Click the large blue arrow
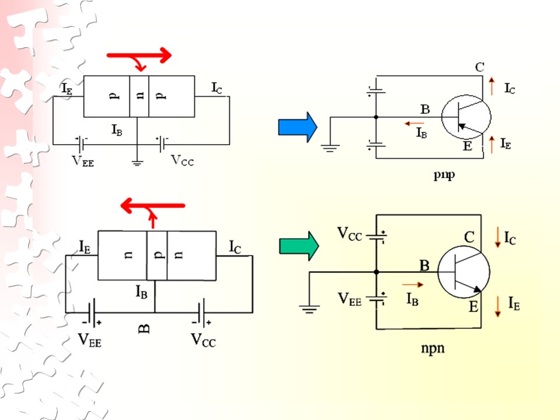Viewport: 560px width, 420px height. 297,127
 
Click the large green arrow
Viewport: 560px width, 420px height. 299,246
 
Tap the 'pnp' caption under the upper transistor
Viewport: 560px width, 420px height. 444,175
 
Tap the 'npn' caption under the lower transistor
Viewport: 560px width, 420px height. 433,348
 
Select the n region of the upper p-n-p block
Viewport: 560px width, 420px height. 139,96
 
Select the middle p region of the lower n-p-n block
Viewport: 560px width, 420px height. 157,256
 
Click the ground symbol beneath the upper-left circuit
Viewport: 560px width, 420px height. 137,163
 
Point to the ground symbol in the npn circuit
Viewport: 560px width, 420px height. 309,309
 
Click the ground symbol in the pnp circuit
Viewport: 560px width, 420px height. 330,148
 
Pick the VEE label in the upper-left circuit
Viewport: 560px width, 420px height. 82,161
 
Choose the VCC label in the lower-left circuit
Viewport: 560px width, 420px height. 203,339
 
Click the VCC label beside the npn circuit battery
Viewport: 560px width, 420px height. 349,234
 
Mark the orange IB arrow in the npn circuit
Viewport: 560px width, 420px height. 413,285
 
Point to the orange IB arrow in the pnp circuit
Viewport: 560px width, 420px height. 414,124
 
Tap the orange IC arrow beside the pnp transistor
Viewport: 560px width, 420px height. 492,86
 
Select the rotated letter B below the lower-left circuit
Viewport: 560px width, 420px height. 143,328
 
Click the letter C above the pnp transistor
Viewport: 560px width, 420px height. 480,66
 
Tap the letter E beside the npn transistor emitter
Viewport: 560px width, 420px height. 474,307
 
